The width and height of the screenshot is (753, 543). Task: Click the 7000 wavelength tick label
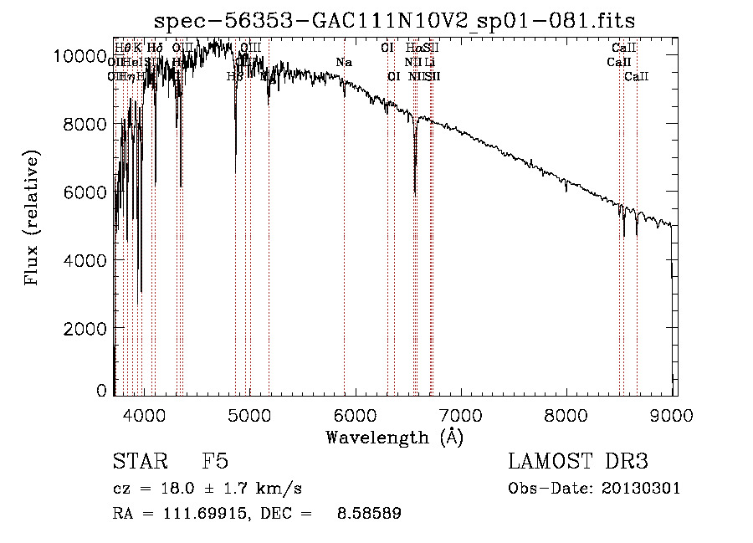(461, 414)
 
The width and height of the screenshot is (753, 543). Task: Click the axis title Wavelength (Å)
(394, 437)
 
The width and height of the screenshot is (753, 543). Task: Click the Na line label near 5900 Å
(344, 62)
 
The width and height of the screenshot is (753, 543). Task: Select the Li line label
(429, 62)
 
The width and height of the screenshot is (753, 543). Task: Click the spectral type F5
(215, 462)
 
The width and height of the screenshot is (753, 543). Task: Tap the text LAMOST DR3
(577, 462)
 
